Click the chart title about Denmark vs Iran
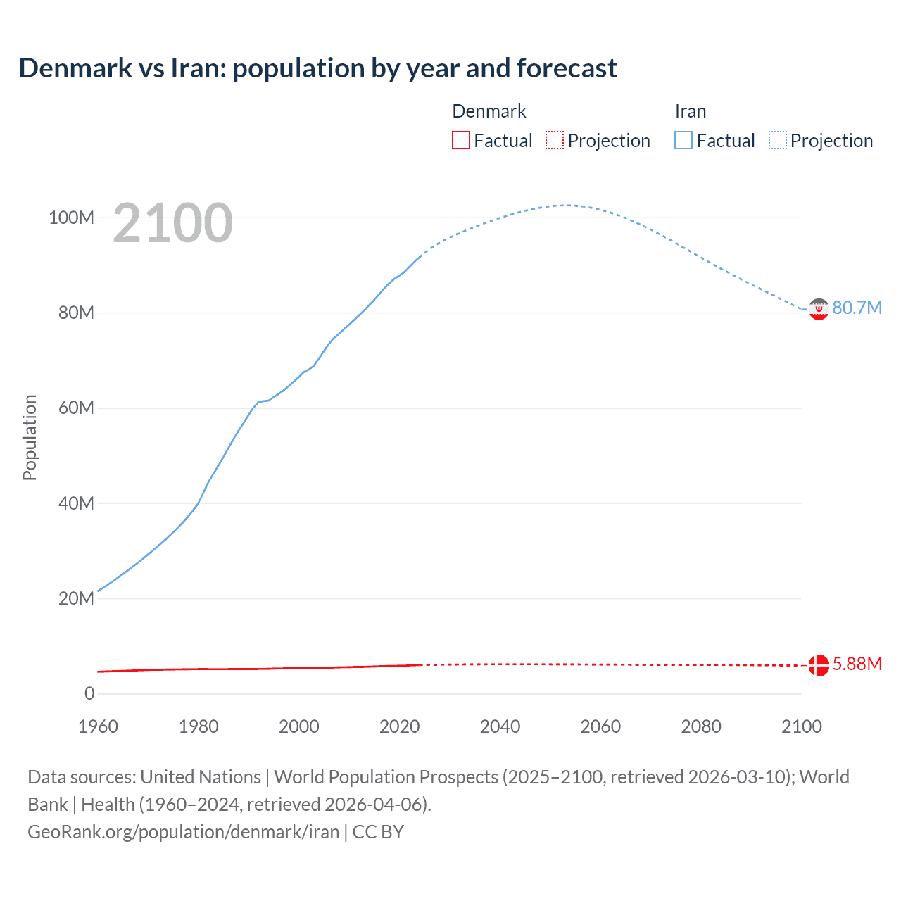click(x=317, y=68)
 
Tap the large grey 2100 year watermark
click(x=172, y=223)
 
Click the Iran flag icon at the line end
click(x=818, y=308)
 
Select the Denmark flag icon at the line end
click(x=818, y=664)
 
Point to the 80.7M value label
click(x=857, y=308)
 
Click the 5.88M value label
click(x=857, y=664)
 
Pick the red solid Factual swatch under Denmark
click(x=461, y=140)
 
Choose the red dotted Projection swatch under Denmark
click(x=555, y=140)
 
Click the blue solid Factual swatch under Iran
click(x=683, y=140)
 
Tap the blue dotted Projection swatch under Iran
click(x=778, y=140)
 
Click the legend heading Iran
click(x=690, y=111)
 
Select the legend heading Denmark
click(x=489, y=111)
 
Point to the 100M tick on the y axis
click(x=71, y=218)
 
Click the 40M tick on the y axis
click(x=76, y=503)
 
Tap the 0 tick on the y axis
click(x=89, y=693)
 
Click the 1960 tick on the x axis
click(x=98, y=726)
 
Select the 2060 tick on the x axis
click(x=600, y=726)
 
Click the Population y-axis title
click(x=30, y=437)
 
